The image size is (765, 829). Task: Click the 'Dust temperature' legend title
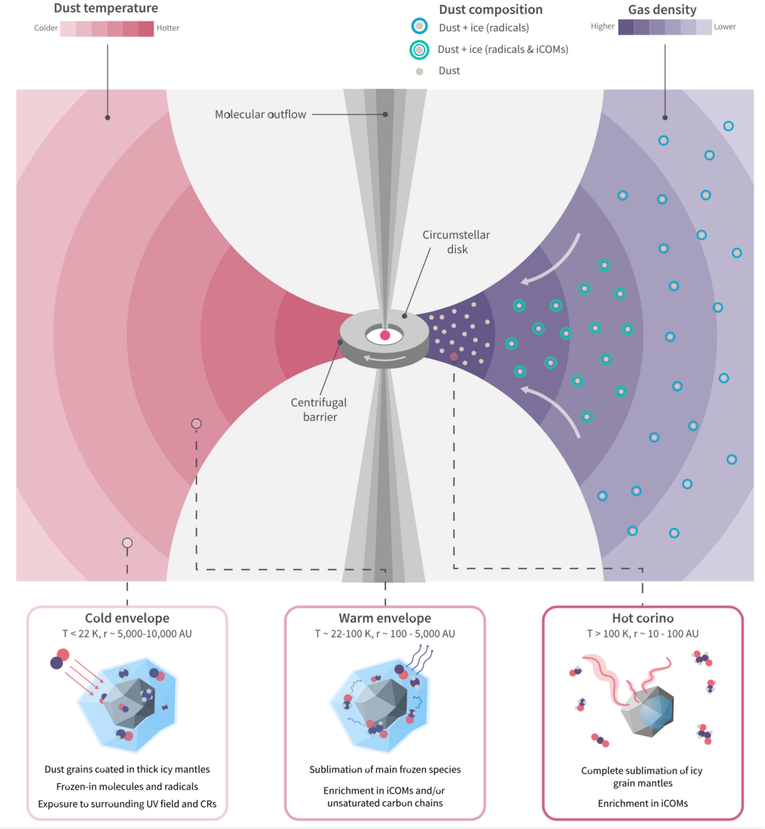pyautogui.click(x=106, y=8)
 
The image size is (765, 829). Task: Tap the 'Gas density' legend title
pyautogui.click(x=662, y=9)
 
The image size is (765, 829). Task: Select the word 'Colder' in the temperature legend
pyautogui.click(x=46, y=28)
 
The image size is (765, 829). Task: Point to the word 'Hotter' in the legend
pyautogui.click(x=168, y=28)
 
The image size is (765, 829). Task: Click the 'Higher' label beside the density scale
pyautogui.click(x=602, y=26)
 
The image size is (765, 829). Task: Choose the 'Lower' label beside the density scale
pyautogui.click(x=724, y=27)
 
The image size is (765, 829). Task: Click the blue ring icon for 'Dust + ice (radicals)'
pyautogui.click(x=420, y=26)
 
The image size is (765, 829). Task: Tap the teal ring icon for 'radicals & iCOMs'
pyautogui.click(x=419, y=50)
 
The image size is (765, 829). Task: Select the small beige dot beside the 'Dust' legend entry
pyautogui.click(x=420, y=71)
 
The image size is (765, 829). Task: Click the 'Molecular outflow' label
pyautogui.click(x=261, y=114)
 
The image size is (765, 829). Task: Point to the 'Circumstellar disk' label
pyautogui.click(x=457, y=242)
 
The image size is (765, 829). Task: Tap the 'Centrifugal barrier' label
pyautogui.click(x=319, y=410)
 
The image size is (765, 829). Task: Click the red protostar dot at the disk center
pyautogui.click(x=385, y=335)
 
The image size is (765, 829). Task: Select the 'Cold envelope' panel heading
pyautogui.click(x=127, y=618)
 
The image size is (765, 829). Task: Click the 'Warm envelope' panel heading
pyautogui.click(x=385, y=618)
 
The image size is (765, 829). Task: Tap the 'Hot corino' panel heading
pyautogui.click(x=643, y=618)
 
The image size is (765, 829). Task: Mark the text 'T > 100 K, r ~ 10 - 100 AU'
pyautogui.click(x=643, y=634)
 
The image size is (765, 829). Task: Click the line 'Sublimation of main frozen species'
pyautogui.click(x=385, y=769)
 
